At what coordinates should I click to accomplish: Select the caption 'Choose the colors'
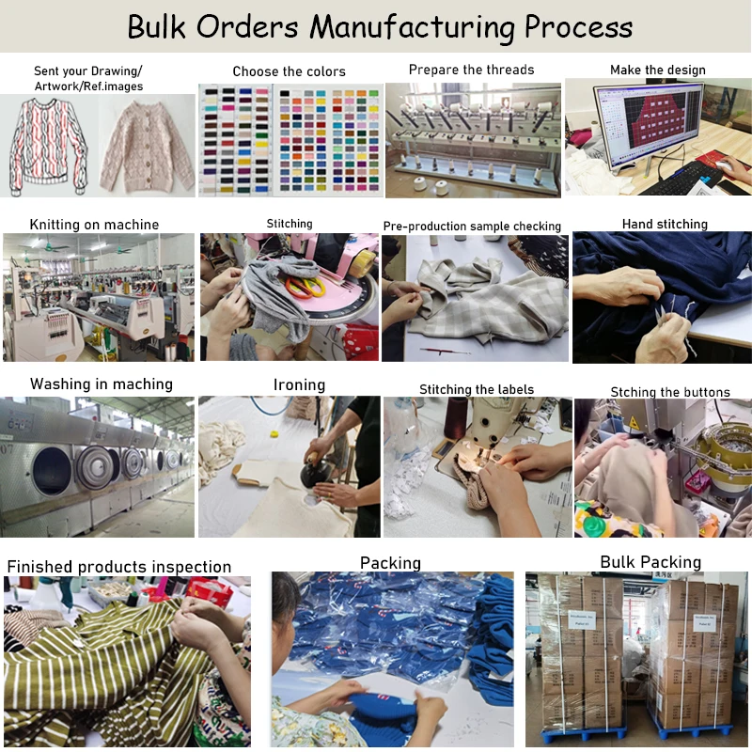tap(289, 71)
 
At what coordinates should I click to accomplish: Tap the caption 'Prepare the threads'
tap(471, 70)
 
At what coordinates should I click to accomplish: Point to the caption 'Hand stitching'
tap(665, 224)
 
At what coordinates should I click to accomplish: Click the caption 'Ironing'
tap(299, 384)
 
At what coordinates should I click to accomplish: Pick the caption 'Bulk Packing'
tap(650, 562)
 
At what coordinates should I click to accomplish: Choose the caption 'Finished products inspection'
tap(119, 567)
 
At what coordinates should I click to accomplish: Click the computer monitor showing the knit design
tap(648, 124)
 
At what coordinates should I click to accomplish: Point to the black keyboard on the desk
tap(693, 174)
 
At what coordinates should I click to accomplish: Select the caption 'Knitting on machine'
tap(94, 225)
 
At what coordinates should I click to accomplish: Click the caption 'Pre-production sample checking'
tap(472, 227)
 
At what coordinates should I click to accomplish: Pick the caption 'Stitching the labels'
tap(476, 389)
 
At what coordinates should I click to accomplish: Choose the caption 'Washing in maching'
tap(102, 384)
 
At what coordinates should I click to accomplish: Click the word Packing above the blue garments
tap(390, 563)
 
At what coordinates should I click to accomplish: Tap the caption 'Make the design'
tap(657, 70)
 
